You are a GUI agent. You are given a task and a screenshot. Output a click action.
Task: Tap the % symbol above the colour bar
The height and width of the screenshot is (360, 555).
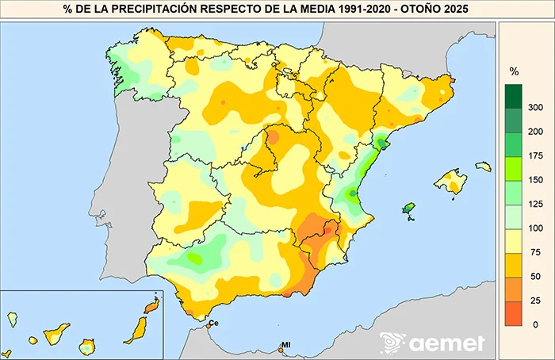tap(514, 72)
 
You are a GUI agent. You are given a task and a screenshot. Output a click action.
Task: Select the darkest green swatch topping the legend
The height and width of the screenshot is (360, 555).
tap(514, 95)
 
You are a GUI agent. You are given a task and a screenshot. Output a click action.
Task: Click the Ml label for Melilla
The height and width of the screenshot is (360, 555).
tap(286, 346)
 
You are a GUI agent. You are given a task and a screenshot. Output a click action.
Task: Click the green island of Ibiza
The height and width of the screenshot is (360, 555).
tap(409, 209)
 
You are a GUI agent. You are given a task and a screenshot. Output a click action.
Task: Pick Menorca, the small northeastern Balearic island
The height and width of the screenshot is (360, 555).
tap(484, 167)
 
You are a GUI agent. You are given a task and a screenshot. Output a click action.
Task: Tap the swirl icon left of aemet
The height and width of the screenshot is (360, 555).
tap(392, 343)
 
